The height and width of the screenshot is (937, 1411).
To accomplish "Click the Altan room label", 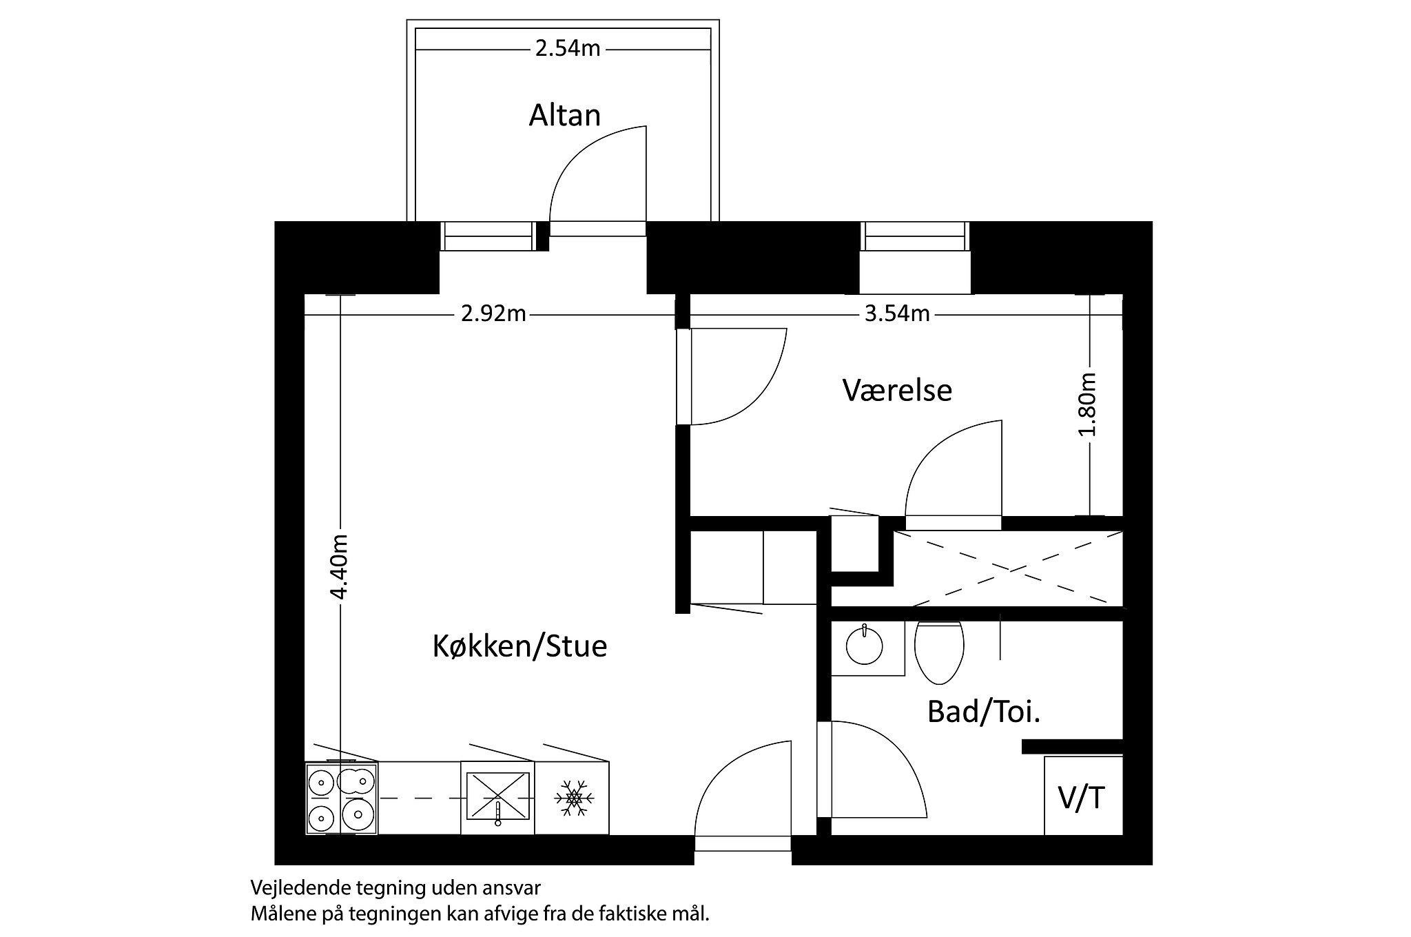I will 564,115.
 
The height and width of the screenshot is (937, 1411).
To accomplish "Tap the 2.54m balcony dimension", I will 567,49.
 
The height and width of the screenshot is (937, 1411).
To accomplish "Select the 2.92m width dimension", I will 493,314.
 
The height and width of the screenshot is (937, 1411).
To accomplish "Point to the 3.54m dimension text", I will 897,314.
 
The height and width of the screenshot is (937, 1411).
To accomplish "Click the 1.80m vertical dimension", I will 1088,404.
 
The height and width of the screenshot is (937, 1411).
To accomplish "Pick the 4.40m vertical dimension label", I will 339,566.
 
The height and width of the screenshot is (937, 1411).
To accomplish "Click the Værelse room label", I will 897,391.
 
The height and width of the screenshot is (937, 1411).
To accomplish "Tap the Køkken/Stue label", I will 519,646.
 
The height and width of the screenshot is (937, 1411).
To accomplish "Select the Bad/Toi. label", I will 983,712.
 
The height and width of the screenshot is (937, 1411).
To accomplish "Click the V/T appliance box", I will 1082,797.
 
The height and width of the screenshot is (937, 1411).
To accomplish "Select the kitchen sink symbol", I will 497,796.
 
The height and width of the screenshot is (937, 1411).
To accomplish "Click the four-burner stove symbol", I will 341,799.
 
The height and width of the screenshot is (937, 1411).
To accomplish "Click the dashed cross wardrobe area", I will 1009,568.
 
